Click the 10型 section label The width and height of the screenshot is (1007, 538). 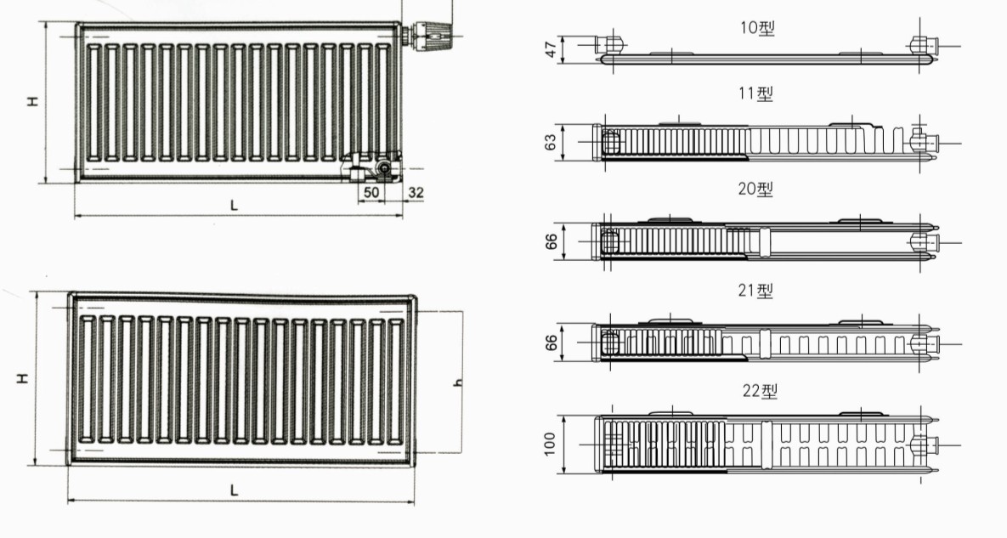pos(757,28)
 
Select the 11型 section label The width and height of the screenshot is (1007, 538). pos(756,93)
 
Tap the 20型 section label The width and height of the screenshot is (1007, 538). pos(756,189)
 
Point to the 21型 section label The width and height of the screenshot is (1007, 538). pos(756,290)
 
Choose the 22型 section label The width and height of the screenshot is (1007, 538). pos(760,391)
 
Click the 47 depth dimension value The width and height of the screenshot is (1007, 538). pos(551,49)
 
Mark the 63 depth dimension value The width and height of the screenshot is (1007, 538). pos(551,142)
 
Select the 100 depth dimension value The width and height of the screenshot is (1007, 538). pos(550,445)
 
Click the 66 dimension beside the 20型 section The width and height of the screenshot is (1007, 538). pos(551,242)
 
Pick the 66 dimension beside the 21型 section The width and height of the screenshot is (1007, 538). pos(551,343)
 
